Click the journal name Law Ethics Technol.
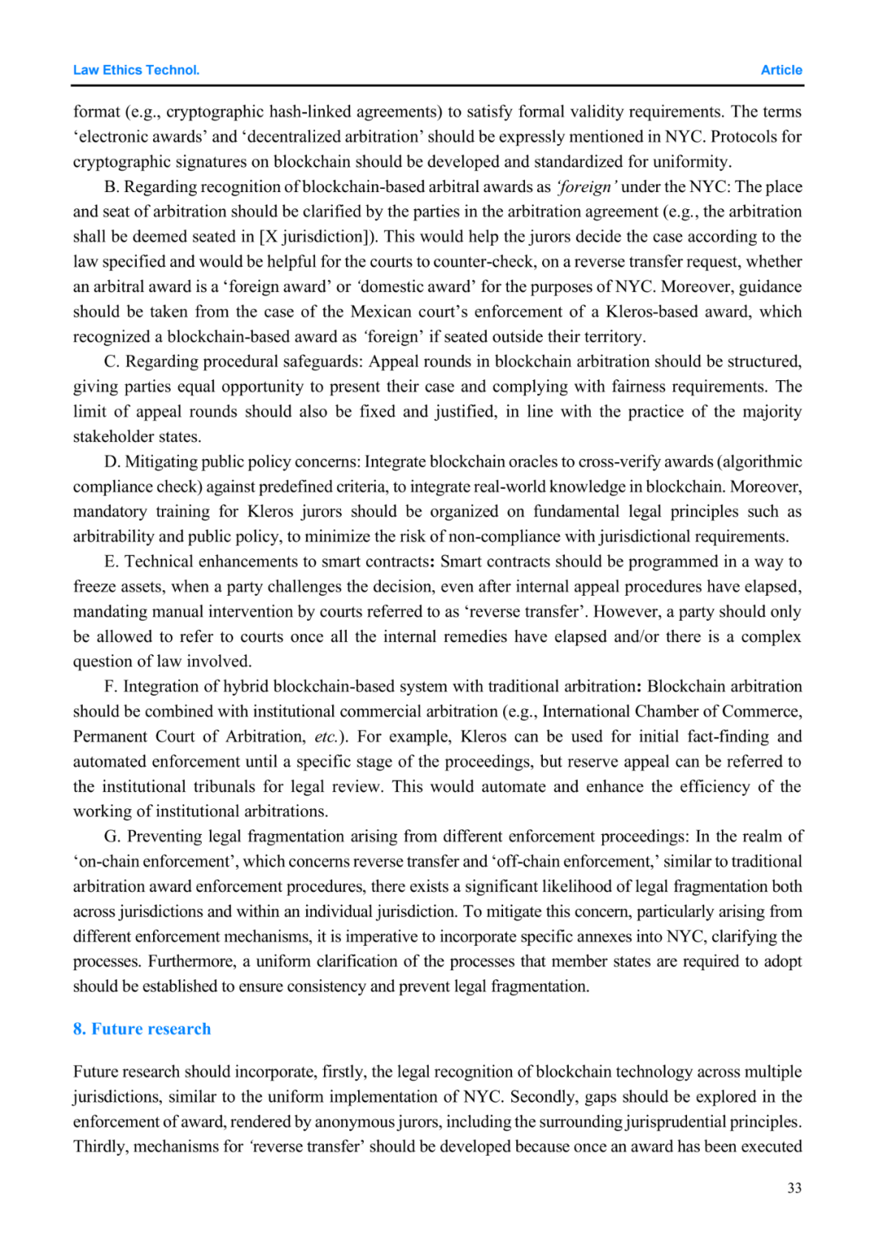click(136, 70)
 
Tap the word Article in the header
click(781, 70)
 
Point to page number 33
click(794, 1188)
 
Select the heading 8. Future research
click(142, 1029)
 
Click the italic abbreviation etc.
click(327, 737)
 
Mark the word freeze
click(96, 587)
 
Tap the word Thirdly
click(100, 1147)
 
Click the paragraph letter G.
click(112, 837)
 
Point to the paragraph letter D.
click(112, 462)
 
